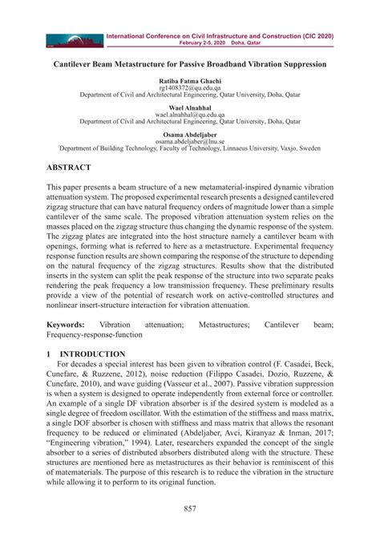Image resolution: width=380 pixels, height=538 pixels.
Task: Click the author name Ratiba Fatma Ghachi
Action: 190,81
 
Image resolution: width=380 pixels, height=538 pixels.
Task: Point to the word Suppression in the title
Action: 300,63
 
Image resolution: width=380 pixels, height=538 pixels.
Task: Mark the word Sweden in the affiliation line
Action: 309,148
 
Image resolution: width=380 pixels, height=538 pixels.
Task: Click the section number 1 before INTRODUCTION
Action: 49,354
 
